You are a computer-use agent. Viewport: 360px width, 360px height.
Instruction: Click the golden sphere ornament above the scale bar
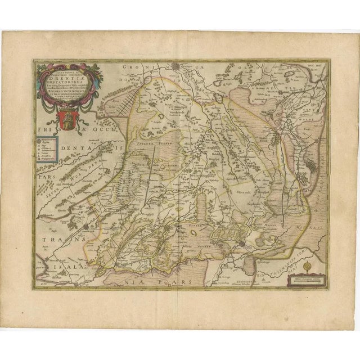(x=307, y=265)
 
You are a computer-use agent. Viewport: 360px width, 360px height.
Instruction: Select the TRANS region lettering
(x=57, y=239)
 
